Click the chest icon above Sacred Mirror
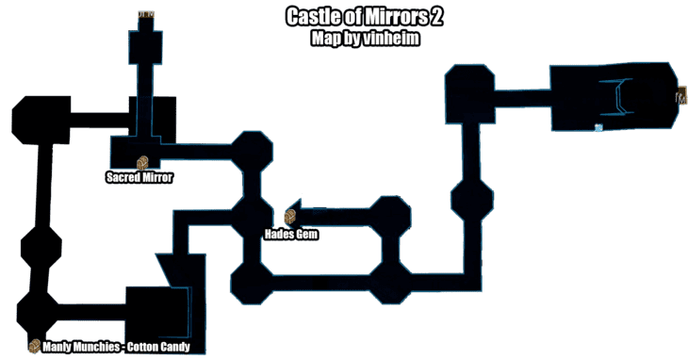coord(143,162)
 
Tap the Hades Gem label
coord(291,234)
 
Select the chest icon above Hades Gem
coord(290,218)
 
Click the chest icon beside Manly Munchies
coord(34,346)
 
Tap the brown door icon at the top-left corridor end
coord(146,15)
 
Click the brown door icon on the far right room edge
coord(680,94)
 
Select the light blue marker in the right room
coord(598,127)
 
